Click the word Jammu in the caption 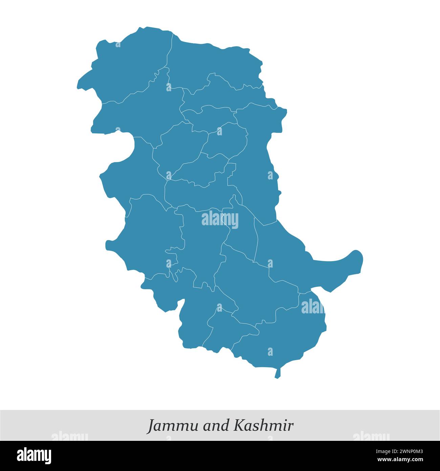pyautogui.click(x=173, y=426)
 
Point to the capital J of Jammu pyautogui.click(x=151, y=426)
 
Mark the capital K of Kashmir pyautogui.click(x=238, y=425)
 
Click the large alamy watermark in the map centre pyautogui.click(x=220, y=219)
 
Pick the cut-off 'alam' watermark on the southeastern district pyautogui.click(x=312, y=307)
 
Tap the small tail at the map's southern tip pyautogui.click(x=278, y=373)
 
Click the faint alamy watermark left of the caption pyautogui.click(x=69, y=436)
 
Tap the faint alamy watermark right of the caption pyautogui.click(x=371, y=436)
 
